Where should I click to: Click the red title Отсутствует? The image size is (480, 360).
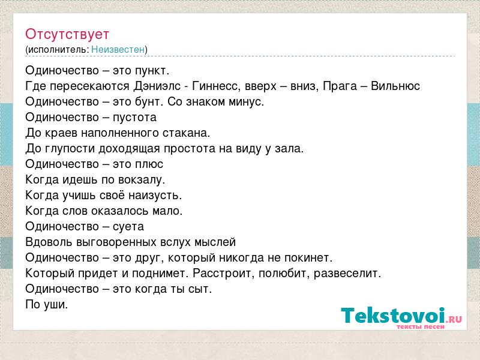tap(67, 34)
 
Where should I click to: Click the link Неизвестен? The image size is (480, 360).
tap(118, 49)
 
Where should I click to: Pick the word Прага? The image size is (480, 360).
tap(340, 86)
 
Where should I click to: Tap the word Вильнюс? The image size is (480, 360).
tap(395, 86)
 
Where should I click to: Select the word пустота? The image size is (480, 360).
tap(134, 117)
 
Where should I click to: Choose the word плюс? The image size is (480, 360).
tap(149, 164)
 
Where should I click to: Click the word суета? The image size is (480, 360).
tap(128, 227)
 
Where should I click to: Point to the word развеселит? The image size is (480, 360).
tap(347, 274)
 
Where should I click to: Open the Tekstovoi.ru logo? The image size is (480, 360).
tap(401, 318)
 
